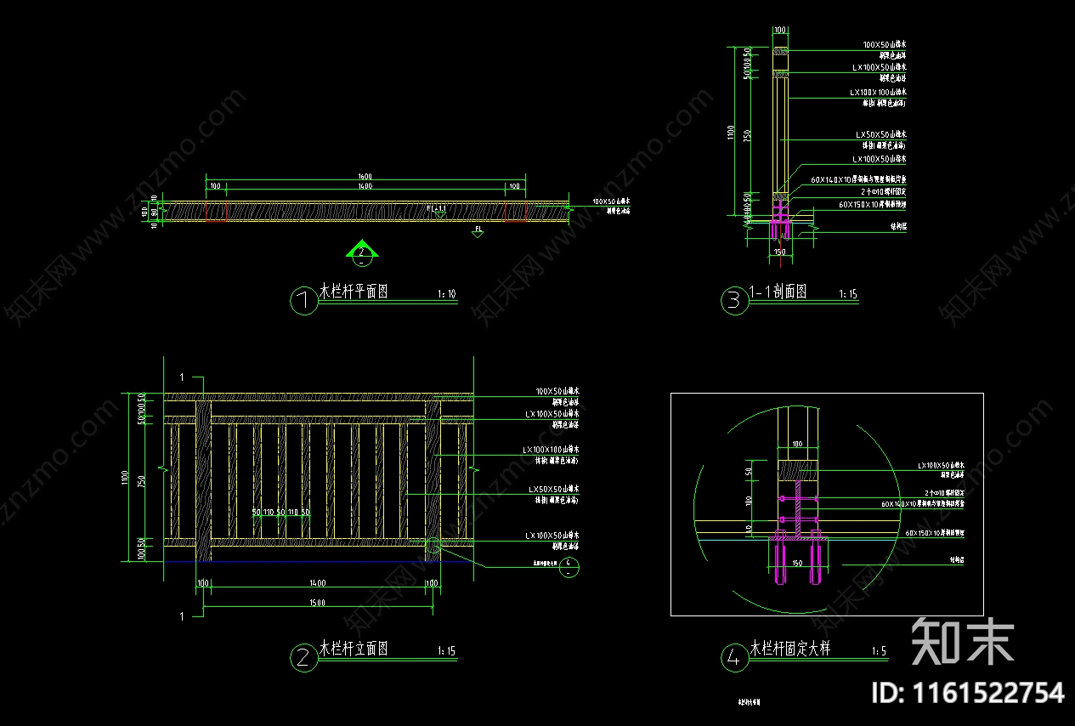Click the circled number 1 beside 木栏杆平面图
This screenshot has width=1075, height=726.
pos(304,302)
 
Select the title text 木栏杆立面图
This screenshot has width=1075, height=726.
pos(354,649)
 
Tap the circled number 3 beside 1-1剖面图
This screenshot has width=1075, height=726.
pos(735,301)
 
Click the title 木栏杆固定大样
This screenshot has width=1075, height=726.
pos(790,649)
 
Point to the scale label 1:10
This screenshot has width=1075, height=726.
pos(446,294)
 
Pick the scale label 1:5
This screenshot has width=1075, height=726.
pos(879,652)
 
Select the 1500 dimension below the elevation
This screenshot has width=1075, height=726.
pos(317,603)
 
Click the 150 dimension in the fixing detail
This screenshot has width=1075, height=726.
pos(797,563)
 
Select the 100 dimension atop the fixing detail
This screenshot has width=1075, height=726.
pos(797,444)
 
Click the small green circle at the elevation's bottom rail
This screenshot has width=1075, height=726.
pos(433,545)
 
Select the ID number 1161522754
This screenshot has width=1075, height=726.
pos(968,693)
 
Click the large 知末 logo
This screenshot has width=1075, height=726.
pos(963,641)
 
